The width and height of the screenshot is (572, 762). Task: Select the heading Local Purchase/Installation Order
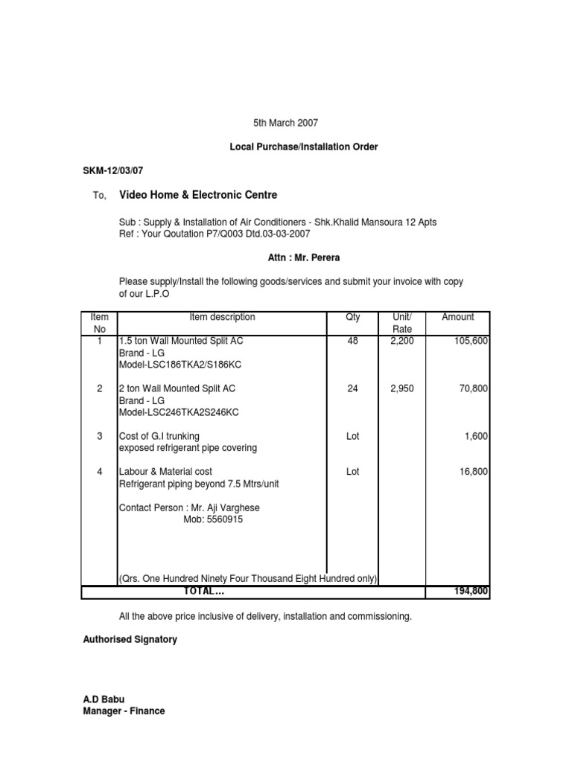tap(303, 147)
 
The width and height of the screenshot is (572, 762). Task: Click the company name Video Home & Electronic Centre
tap(198, 196)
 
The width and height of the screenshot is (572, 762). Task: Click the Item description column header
tap(222, 317)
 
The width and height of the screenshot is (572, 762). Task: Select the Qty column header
tap(353, 317)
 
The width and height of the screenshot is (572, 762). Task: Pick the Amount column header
tap(457, 317)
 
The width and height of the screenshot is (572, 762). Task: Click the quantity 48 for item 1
tap(353, 341)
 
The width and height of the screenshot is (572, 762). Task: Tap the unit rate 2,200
tap(402, 341)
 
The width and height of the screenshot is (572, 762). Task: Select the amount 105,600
tap(471, 341)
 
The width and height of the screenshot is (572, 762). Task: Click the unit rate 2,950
tap(402, 388)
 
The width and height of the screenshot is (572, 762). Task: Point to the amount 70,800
tap(473, 388)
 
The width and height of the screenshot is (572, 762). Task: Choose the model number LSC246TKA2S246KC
tap(179, 412)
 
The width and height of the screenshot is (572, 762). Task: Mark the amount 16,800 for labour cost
tap(473, 472)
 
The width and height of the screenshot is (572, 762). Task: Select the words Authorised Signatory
tap(130, 639)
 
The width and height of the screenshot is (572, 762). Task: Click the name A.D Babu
tap(103, 699)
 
